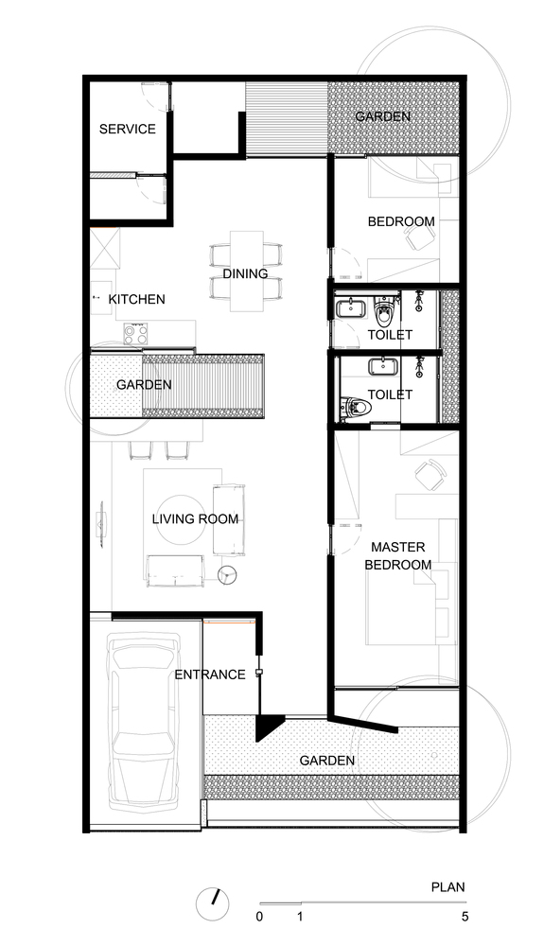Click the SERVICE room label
tap(128, 129)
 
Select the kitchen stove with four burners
tap(135, 334)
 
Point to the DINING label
tap(245, 274)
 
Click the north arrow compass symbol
tap(213, 903)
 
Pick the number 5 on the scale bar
tap(465, 917)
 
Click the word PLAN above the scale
tap(448, 887)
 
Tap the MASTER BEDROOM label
tap(398, 555)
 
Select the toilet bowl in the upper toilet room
tap(383, 310)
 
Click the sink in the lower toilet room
tap(380, 367)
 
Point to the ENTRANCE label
tap(210, 674)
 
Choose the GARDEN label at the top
tap(383, 116)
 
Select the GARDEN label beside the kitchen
tap(144, 384)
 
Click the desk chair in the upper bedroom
tap(418, 238)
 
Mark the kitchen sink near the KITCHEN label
tap(101, 297)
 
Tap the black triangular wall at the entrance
tap(269, 727)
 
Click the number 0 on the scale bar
tap(259, 917)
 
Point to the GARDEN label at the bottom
tap(327, 761)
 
